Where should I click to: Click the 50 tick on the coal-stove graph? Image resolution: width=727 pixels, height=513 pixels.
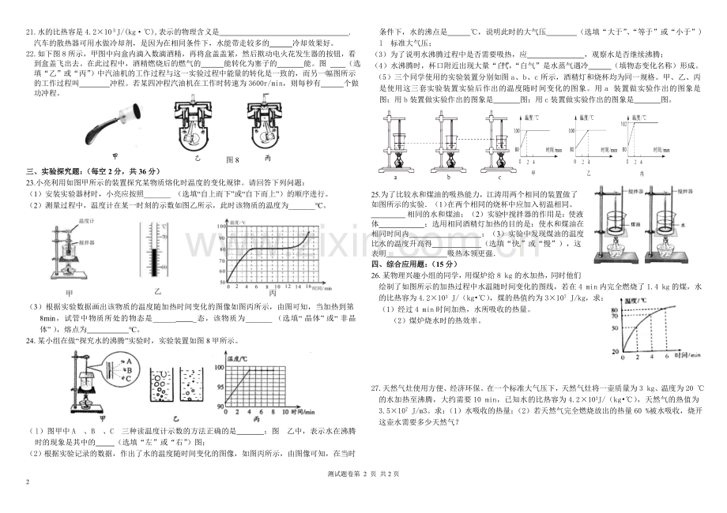615,327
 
